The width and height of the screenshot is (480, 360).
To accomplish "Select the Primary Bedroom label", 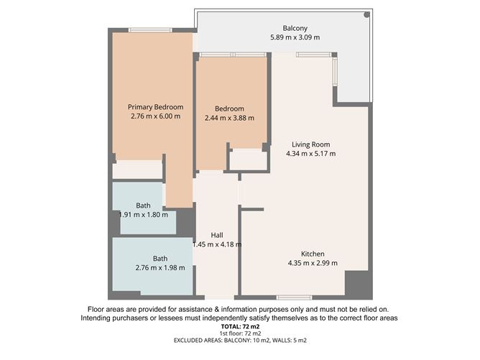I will pyautogui.click(x=151, y=106).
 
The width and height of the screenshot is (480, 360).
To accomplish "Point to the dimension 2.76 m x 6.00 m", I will pyautogui.click(x=151, y=116).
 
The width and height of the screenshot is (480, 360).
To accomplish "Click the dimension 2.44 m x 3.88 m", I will pyautogui.click(x=229, y=118).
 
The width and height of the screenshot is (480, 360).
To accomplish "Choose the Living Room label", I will pyautogui.click(x=310, y=144).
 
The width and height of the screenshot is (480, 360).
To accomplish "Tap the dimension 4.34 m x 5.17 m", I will pyautogui.click(x=310, y=154).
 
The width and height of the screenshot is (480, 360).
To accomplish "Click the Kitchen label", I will pyautogui.click(x=312, y=254).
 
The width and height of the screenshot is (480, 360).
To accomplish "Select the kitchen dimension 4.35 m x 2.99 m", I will pyautogui.click(x=312, y=263).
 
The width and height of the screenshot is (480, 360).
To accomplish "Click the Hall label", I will pyautogui.click(x=216, y=235).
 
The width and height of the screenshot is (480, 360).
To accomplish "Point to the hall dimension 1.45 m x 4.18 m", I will pyautogui.click(x=216, y=244).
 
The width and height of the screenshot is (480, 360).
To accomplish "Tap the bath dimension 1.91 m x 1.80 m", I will pyautogui.click(x=143, y=214).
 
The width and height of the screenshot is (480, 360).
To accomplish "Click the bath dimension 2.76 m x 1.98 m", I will pyautogui.click(x=160, y=268).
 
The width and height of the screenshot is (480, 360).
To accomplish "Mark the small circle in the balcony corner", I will pyautogui.click(x=366, y=14).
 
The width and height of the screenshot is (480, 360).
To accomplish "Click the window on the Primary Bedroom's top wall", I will pyautogui.click(x=149, y=29).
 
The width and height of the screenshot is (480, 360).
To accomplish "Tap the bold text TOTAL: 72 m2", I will pyautogui.click(x=239, y=326).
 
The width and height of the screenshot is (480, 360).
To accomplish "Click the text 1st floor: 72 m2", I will pyautogui.click(x=239, y=333).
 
